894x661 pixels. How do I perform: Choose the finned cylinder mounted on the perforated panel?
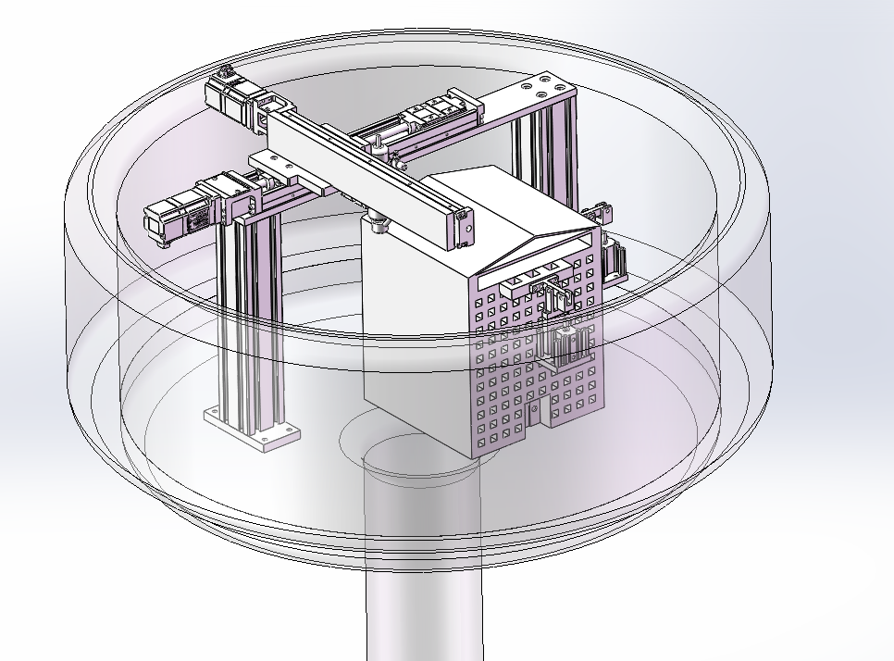566,345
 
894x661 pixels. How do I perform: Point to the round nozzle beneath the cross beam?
377,223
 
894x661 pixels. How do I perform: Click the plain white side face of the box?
416,324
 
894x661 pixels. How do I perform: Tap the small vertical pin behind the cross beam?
379,148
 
